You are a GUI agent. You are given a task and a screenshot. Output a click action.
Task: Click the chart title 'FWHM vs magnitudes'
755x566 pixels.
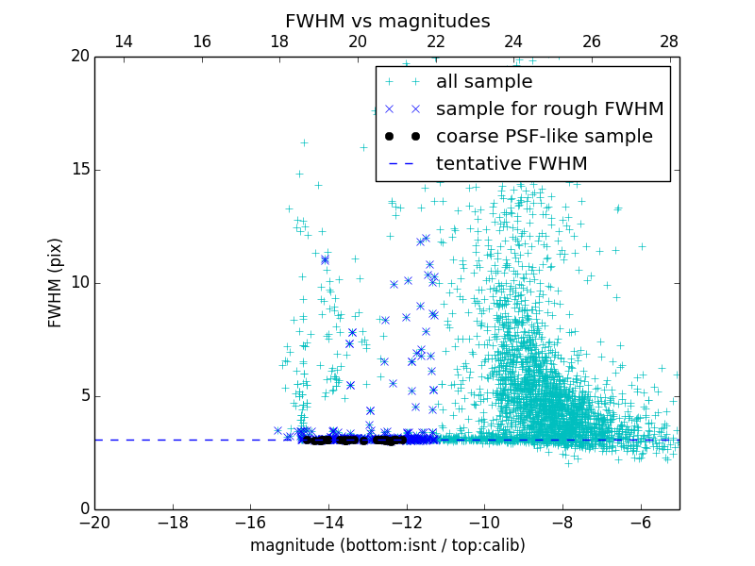click(387, 21)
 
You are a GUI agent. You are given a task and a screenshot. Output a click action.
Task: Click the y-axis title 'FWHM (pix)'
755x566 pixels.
click(56, 282)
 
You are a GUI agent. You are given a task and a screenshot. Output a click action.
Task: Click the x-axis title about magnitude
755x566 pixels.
click(387, 545)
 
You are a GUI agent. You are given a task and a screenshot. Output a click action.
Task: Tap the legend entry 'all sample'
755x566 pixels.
click(483, 82)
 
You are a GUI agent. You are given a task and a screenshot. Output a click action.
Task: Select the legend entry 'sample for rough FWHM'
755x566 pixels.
click(549, 109)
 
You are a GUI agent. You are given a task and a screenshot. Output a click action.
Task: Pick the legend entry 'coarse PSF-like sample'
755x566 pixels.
click(544, 137)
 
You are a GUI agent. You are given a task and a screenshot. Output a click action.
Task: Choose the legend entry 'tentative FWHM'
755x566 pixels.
click(511, 164)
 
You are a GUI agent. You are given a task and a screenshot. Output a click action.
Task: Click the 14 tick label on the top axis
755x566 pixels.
click(124, 42)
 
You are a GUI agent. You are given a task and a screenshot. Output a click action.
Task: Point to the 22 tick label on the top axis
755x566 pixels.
click(435, 42)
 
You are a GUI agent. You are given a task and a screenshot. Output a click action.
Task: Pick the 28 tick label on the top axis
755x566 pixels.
click(669, 42)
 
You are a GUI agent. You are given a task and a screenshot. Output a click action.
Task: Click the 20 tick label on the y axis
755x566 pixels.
click(78, 57)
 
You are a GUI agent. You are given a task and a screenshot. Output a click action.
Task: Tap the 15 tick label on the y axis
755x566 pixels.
click(78, 170)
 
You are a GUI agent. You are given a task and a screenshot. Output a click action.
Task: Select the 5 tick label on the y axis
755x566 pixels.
click(83, 396)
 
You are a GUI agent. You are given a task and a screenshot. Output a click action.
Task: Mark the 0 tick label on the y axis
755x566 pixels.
click(83, 509)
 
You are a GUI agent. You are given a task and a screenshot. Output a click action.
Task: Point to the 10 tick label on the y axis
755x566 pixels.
click(78, 283)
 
